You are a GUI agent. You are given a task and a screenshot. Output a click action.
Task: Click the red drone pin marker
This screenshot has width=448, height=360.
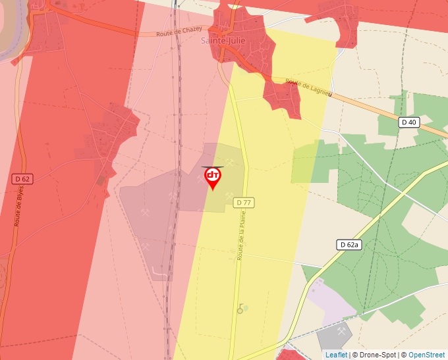[213, 177]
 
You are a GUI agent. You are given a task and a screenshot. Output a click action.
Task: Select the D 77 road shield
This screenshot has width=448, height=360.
[244, 203]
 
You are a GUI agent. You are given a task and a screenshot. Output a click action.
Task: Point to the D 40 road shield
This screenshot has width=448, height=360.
[408, 122]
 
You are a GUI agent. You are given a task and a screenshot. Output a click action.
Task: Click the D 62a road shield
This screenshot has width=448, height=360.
[349, 245]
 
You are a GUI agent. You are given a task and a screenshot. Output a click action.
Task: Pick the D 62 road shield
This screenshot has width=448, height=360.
[22, 178]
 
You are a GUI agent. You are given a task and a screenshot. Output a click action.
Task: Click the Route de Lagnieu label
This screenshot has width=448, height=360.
[308, 88]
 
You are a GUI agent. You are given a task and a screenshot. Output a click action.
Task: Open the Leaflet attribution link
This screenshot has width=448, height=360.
[336, 355]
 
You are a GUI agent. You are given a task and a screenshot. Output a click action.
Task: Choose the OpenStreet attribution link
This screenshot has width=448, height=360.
[426, 355]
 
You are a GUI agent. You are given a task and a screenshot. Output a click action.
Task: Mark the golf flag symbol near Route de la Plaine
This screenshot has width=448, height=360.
[241, 309]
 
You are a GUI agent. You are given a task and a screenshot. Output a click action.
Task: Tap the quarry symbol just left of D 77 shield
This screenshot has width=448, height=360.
[229, 195]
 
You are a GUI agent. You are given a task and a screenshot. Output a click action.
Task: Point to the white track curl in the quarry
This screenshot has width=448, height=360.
[158, 271]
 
